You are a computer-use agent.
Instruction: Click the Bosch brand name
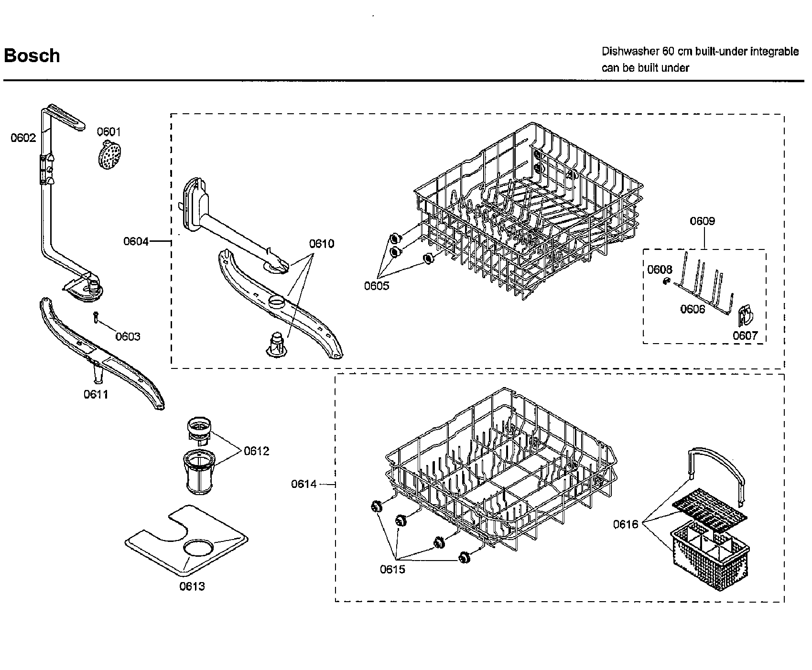click(32, 56)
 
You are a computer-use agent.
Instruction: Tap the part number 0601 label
click(109, 132)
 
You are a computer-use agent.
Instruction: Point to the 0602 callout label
click(23, 138)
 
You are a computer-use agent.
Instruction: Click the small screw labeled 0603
click(96, 317)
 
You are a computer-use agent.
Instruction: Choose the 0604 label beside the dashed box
click(136, 241)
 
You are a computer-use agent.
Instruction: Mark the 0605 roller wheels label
click(377, 286)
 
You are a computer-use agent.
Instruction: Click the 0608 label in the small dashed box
click(660, 270)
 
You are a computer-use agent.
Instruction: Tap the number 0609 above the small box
click(702, 221)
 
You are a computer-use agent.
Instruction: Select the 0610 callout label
click(321, 244)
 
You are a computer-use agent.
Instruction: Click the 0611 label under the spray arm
click(96, 394)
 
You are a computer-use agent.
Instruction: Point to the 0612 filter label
click(256, 451)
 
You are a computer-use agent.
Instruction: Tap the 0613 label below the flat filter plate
click(192, 586)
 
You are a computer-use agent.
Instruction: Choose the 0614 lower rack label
click(304, 484)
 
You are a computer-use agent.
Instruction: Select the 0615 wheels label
click(392, 569)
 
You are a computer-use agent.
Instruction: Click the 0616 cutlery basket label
click(626, 525)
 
